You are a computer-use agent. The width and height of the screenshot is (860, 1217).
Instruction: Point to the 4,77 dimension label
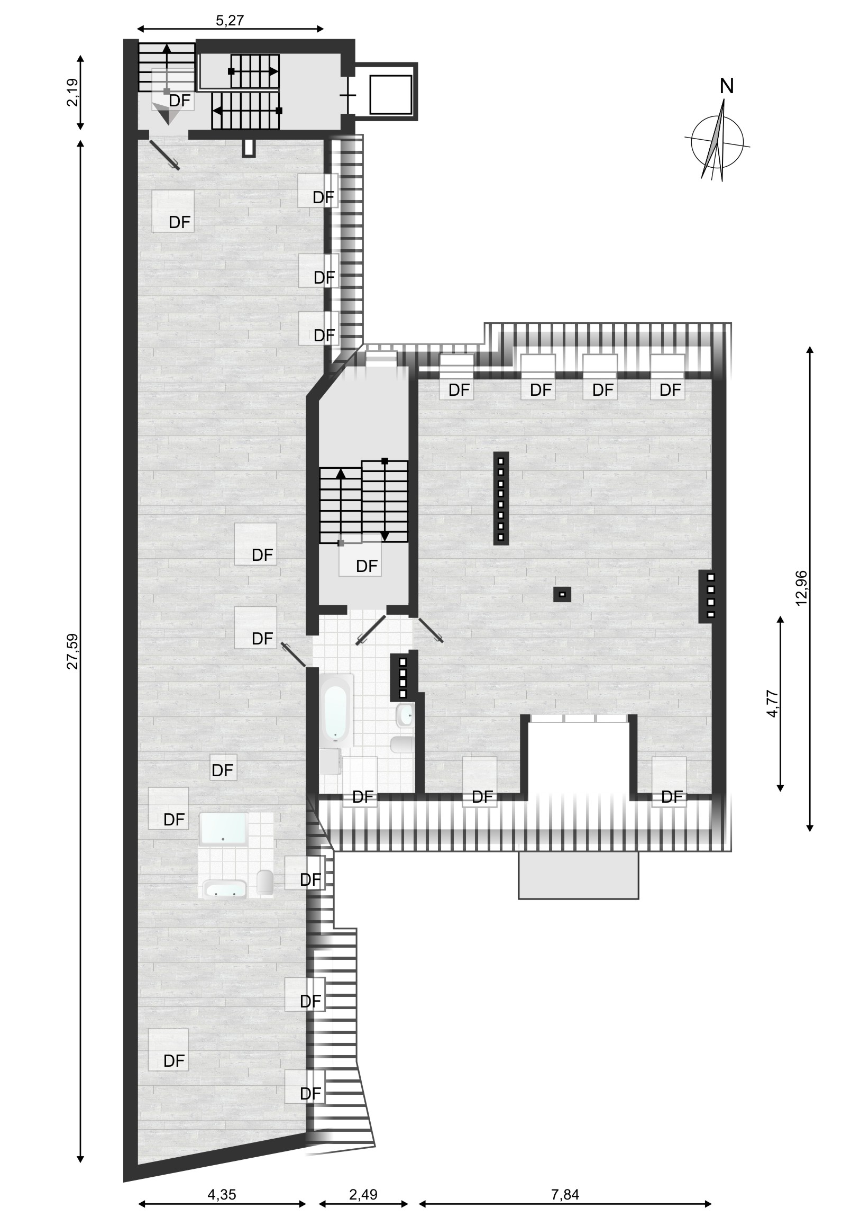[x=773, y=703]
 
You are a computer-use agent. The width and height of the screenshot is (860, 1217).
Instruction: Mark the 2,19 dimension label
[x=72, y=92]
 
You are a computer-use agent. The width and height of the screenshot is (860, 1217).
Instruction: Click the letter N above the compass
[x=727, y=86]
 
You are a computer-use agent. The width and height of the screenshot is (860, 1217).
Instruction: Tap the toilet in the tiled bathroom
[x=401, y=744]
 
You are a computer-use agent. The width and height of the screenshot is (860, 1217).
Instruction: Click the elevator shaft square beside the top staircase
[x=391, y=94]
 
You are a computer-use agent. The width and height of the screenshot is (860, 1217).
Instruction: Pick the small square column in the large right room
[x=562, y=595]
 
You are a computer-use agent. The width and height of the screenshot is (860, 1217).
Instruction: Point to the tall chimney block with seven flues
[x=501, y=498]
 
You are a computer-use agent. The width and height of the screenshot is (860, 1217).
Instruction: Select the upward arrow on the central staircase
[x=341, y=505]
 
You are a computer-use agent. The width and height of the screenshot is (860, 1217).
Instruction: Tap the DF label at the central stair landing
[x=367, y=566]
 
